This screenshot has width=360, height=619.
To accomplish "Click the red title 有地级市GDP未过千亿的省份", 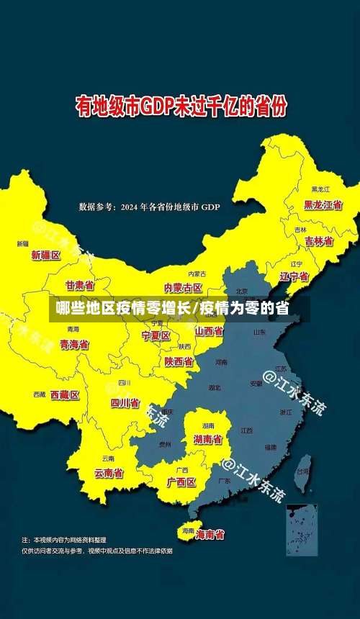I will (181, 108).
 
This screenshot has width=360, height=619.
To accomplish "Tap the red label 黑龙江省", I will (323, 204).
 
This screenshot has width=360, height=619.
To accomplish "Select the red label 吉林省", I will (318, 241).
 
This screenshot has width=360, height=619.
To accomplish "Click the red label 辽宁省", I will (294, 276).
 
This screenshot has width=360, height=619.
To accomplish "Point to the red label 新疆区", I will (46, 255).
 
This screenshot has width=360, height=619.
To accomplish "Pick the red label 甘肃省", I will (80, 285).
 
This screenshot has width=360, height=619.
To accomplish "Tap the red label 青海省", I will (74, 345).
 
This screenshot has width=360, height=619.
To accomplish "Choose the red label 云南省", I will (109, 473).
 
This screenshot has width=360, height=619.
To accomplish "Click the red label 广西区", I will (181, 482).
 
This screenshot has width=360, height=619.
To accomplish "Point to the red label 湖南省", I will (207, 438).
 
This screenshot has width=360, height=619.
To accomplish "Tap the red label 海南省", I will (210, 534).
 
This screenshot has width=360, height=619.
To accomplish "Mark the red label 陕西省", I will (178, 361).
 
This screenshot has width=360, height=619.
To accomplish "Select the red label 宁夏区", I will (156, 335).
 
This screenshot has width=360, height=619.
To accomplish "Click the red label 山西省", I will (209, 331).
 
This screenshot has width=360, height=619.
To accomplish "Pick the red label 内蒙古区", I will (183, 288).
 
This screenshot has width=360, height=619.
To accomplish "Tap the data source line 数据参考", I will (149, 207).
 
